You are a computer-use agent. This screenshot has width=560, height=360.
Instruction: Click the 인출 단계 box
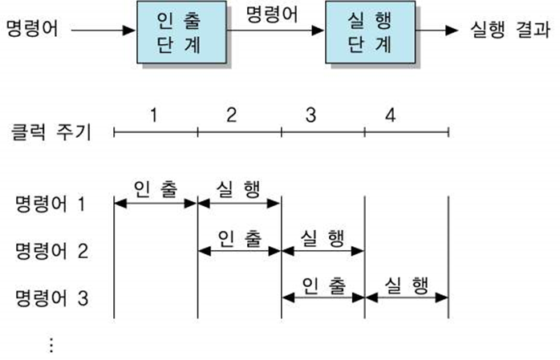(183, 33)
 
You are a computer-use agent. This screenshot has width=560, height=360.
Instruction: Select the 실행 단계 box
(371, 33)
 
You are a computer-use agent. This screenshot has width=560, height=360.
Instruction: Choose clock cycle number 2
(232, 115)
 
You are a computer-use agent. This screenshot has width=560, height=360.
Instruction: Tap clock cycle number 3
(310, 115)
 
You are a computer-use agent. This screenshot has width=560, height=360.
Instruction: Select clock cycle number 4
(389, 115)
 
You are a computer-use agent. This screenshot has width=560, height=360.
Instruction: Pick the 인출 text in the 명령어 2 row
(239, 237)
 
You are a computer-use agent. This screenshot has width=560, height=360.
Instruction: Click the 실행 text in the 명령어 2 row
(323, 237)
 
